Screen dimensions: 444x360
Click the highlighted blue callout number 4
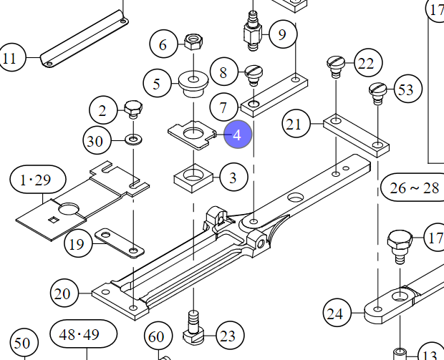coord(238,135)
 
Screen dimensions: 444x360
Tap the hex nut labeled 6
coord(193,42)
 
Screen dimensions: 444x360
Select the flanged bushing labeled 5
coord(193,82)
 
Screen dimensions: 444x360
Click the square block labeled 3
coord(193,178)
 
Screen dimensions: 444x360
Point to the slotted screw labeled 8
coord(254,74)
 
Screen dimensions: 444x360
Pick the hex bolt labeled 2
coord(133,109)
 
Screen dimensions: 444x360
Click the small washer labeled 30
coord(134,140)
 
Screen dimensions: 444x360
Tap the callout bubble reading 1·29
coord(38,180)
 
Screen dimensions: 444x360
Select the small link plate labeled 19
coord(119,243)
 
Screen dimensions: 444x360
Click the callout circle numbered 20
coord(64,293)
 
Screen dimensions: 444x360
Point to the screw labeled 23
coord(193,328)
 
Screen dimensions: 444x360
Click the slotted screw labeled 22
coord(336,67)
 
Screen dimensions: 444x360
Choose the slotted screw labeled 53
coord(378,93)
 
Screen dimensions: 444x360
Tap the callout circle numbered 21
coord(296,124)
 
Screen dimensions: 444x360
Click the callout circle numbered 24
coord(337,313)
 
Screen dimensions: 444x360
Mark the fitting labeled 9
coord(253,31)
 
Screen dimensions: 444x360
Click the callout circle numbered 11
coord(11,58)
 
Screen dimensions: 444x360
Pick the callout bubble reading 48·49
coord(84,334)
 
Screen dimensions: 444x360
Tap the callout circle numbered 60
coord(158,336)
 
